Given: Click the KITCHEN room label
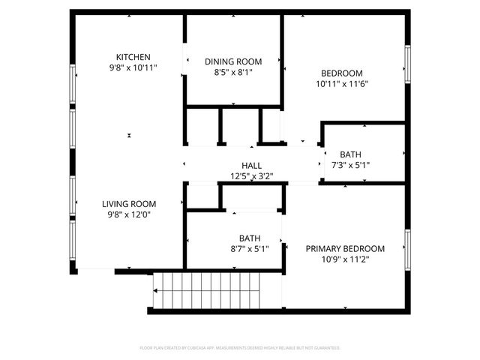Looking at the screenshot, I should coord(133,57).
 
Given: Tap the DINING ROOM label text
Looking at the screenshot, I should coord(233,61).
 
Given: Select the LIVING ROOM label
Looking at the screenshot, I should coord(129,203).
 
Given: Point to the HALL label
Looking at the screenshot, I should coord(251,166).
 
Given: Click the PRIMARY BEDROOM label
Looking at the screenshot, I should coord(345,249).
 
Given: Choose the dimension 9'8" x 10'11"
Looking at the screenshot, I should coord(133,68).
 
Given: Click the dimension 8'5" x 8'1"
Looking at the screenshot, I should coord(233,73).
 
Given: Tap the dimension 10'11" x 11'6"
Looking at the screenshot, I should coord(341,84).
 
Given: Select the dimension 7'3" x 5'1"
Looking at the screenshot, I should coord(350,166).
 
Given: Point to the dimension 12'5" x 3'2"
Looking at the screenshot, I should coord(251,177).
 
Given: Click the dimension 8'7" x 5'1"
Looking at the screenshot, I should coord(249,249).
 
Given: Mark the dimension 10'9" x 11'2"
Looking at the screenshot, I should coord(345,260).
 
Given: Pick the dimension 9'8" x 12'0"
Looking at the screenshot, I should coord(129,214).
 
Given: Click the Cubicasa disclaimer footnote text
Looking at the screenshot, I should coord(240,348).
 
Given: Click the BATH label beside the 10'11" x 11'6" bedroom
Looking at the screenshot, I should coord(350,154).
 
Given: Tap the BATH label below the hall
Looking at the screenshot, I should coord(249,238).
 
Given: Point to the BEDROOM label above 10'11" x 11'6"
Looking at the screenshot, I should coord(341,73).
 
